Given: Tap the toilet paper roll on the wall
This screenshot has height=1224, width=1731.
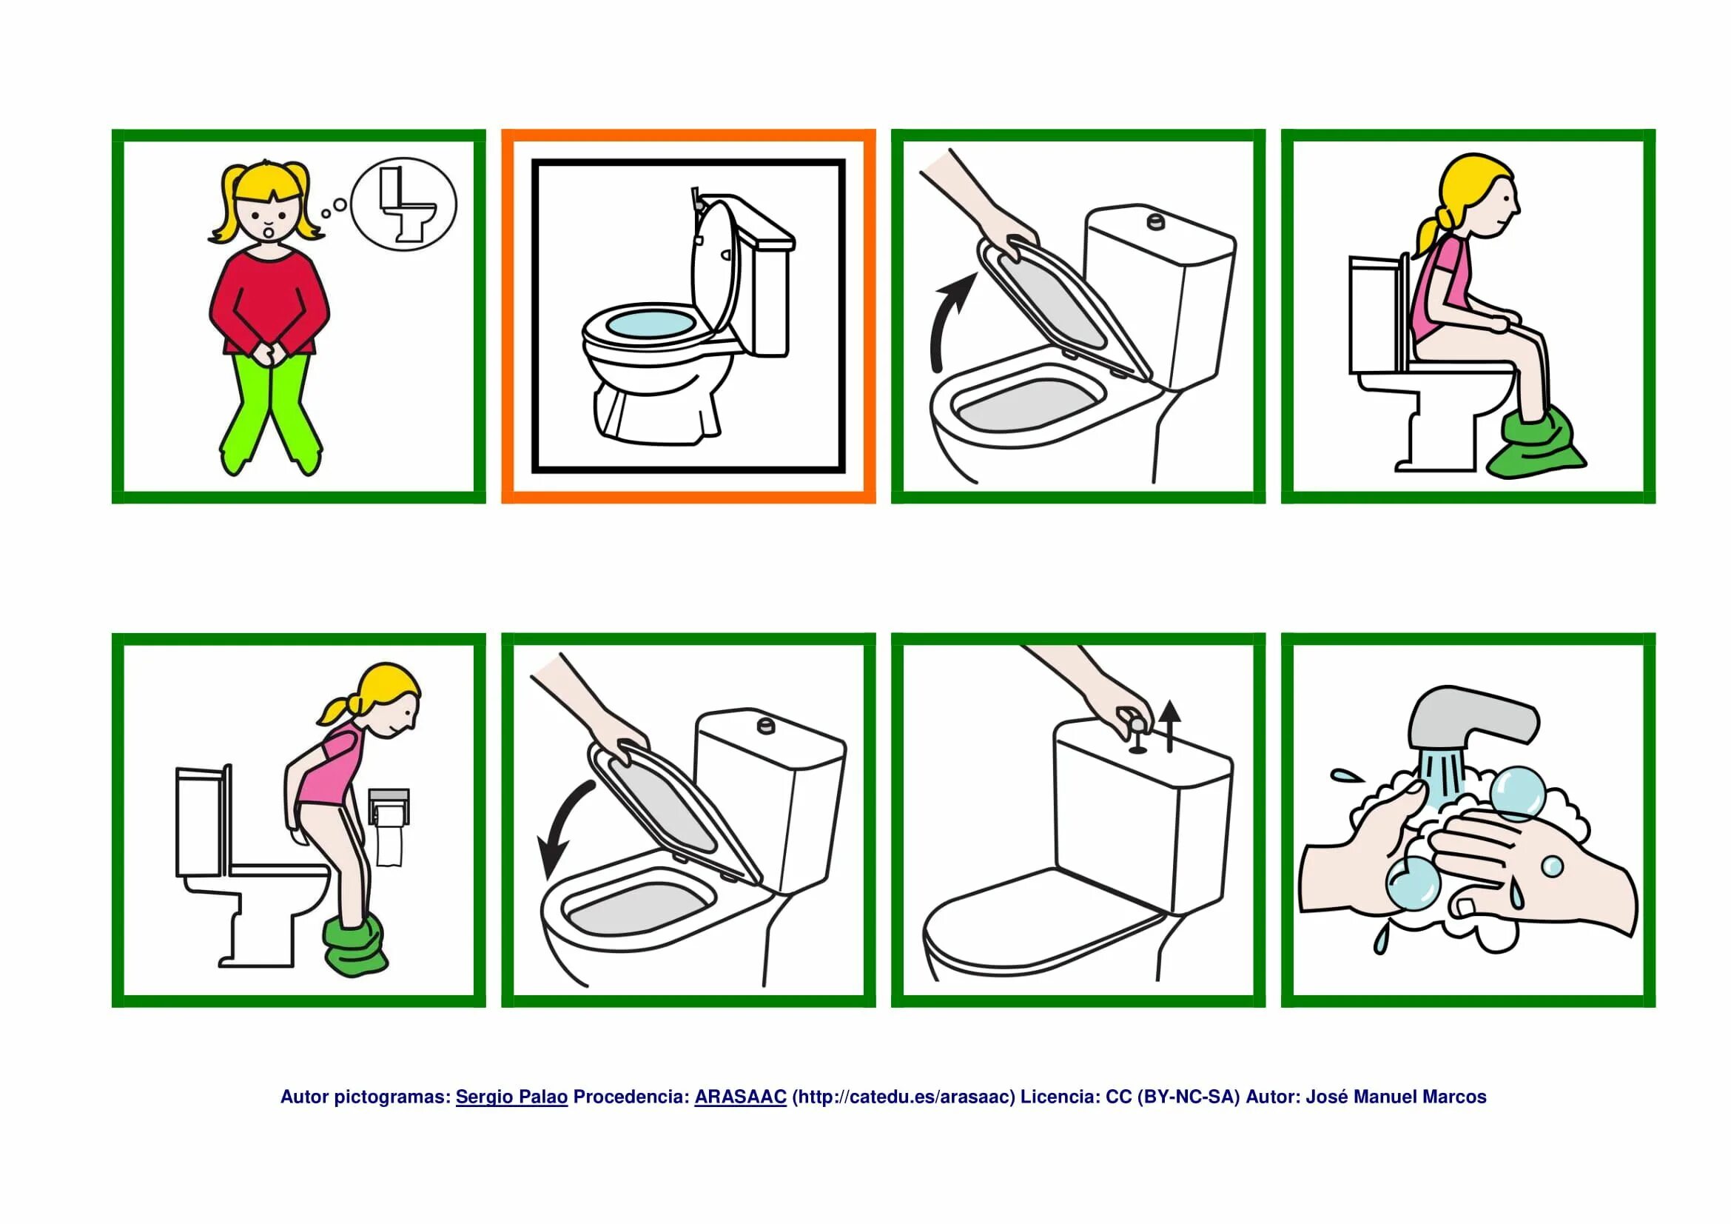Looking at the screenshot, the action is click(389, 827).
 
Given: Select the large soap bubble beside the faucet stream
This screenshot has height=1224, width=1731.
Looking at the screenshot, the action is click(1517, 793).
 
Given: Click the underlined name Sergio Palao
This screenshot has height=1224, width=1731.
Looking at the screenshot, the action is click(511, 1097).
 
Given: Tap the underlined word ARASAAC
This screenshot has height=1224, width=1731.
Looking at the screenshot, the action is click(740, 1097).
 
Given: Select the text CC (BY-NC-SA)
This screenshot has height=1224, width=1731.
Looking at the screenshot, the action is click(1172, 1097).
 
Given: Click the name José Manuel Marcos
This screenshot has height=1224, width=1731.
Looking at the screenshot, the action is click(1396, 1097).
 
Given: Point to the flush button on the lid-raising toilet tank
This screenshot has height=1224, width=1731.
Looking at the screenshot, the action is click(1154, 221).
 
